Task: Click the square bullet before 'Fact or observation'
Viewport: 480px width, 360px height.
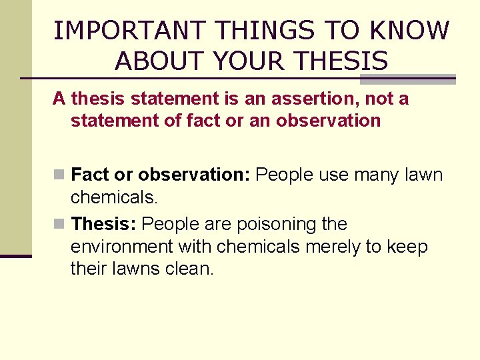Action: click(59, 175)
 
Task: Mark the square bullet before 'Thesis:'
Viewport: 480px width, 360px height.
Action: click(59, 224)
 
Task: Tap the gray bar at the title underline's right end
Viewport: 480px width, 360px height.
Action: click(407, 79)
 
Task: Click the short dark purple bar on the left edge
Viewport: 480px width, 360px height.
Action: click(16, 256)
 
